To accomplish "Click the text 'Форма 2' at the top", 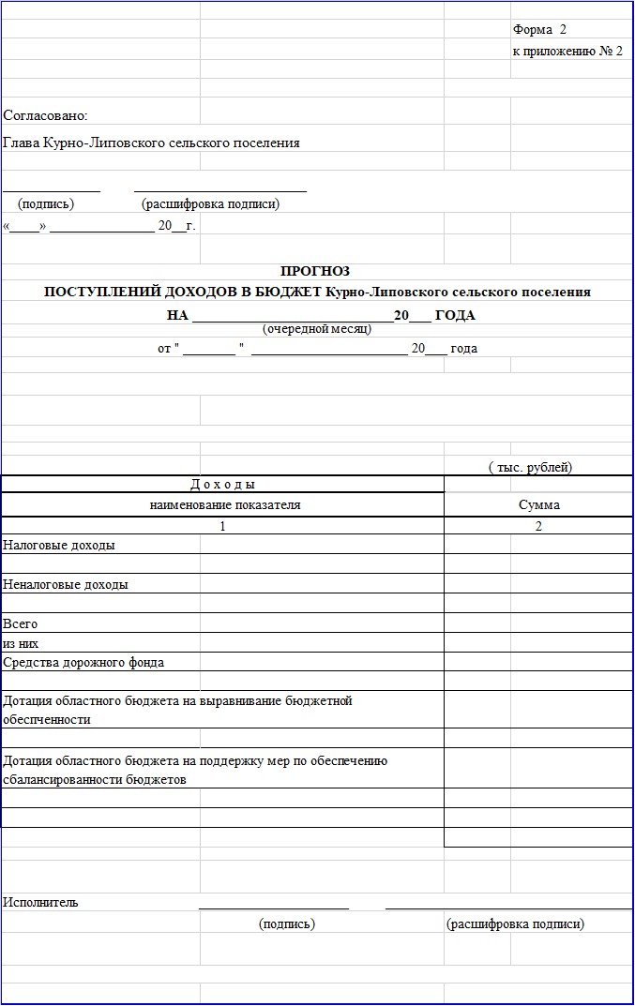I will pos(539,30).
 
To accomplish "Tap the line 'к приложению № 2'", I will pos(567,51).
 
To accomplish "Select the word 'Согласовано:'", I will pos(45,115).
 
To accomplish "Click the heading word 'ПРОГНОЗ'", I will pos(315,271).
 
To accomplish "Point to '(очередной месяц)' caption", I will pos(317,329).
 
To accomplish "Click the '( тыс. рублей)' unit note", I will pos(530,467).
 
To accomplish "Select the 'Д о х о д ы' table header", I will pos(222,485).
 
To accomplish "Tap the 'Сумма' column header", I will pos(538,504).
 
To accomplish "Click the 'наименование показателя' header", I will pos(225,504).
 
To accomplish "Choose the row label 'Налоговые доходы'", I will pos(59,545).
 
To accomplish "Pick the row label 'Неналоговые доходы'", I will pos(66,584).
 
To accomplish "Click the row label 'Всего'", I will pos(21,623).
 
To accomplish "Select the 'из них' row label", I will pos(21,643).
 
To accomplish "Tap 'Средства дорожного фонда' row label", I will pos(83,663).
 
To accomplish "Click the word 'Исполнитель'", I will pos(40,902).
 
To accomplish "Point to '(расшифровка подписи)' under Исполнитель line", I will pos(515,923).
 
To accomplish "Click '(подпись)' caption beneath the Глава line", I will pos(46,203).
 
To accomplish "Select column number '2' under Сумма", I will pos(538,526).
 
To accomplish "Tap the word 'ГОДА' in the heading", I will pos(455,315).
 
